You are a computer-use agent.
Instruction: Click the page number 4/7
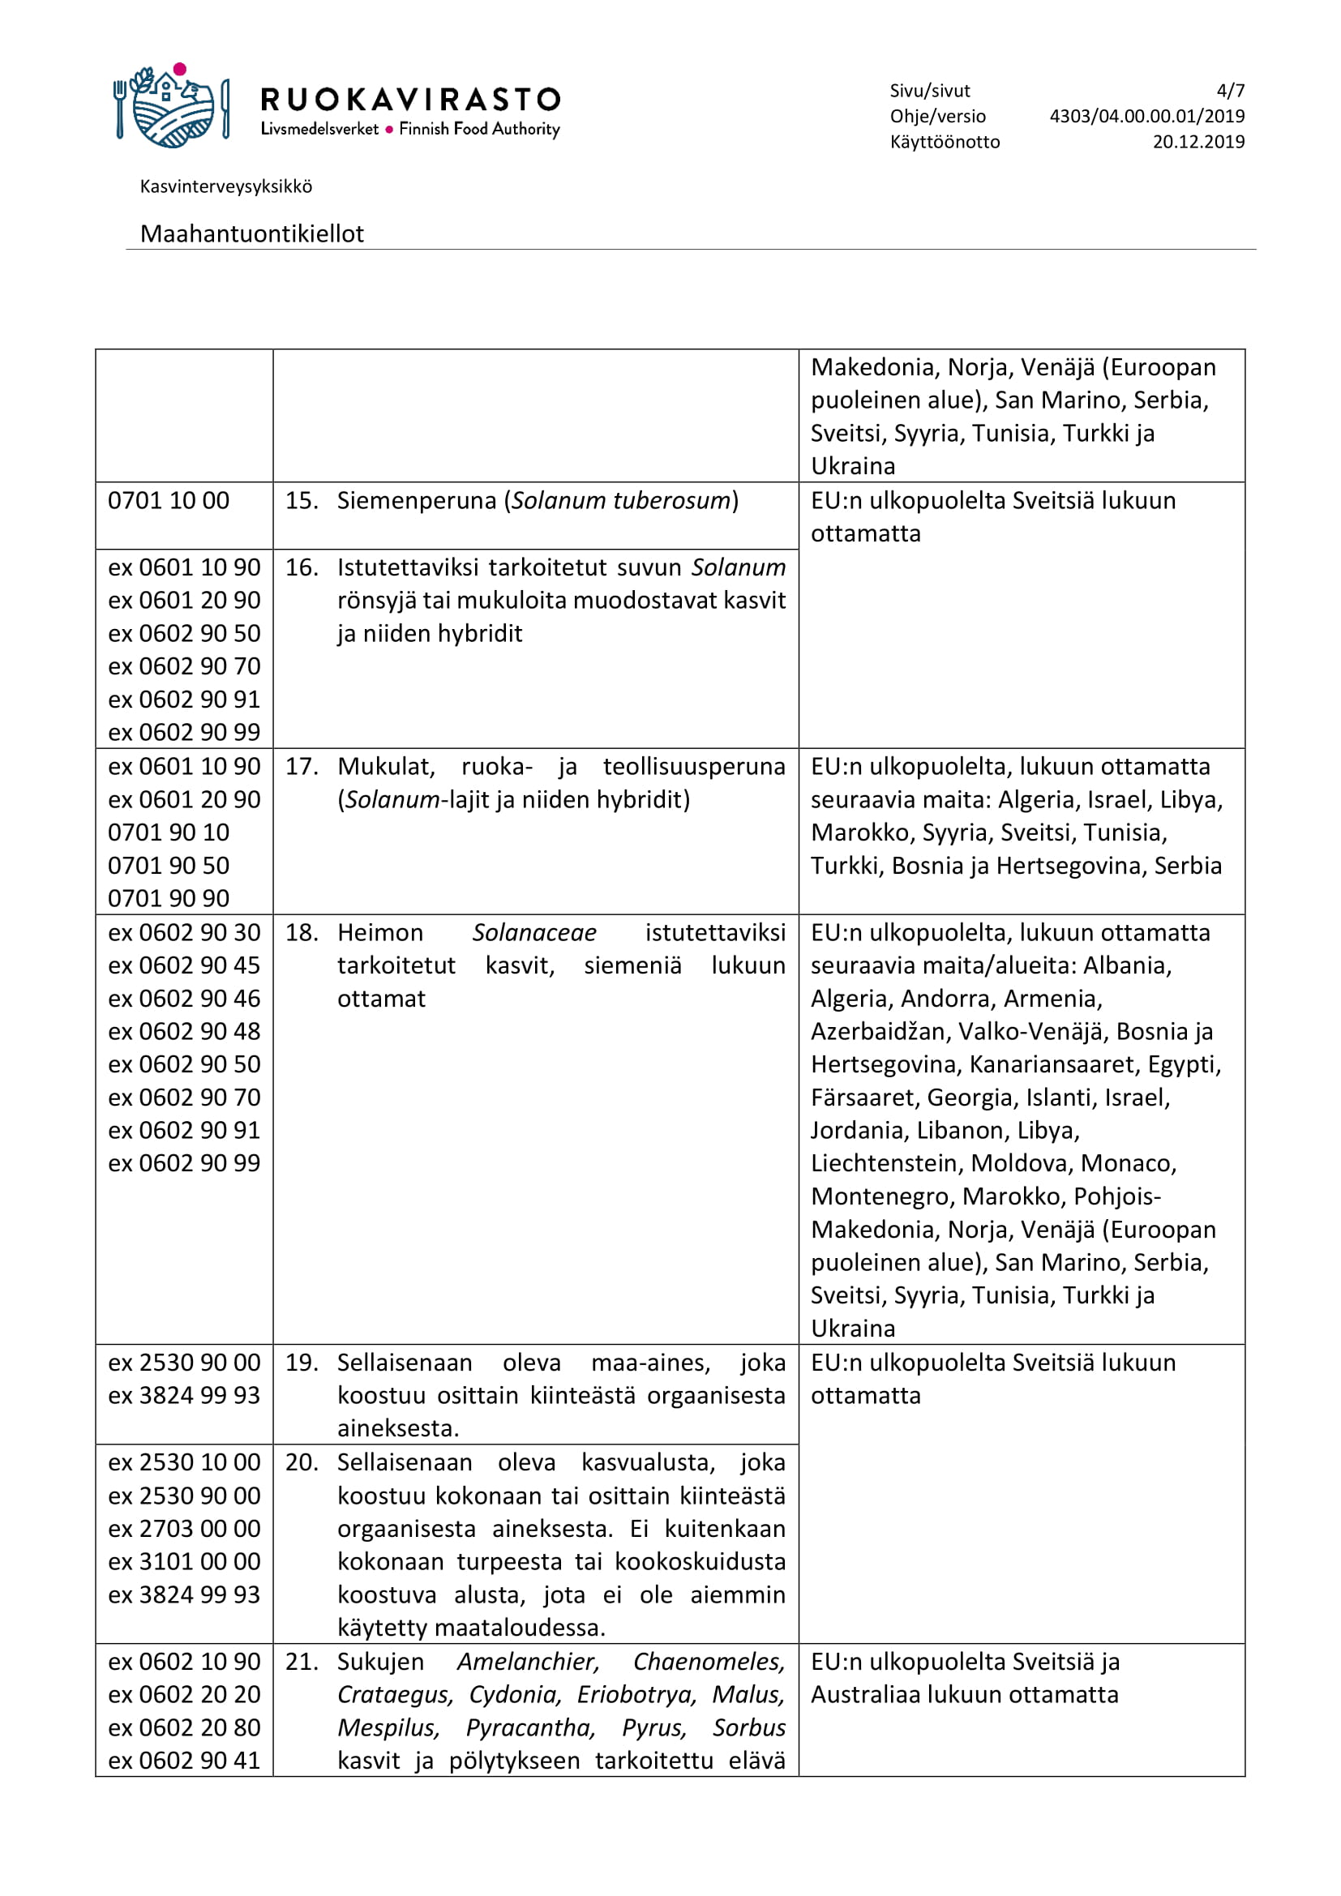coord(1230,91)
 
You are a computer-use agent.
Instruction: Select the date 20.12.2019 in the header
coord(1198,142)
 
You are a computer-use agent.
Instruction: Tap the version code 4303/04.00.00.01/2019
coord(1146,117)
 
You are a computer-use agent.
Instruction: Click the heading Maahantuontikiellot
coord(252,233)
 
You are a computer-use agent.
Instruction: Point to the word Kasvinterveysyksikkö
coord(226,186)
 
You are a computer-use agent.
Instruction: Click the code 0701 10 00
coord(169,500)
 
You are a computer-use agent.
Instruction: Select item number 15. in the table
coord(302,500)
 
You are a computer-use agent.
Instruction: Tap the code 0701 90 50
coord(169,866)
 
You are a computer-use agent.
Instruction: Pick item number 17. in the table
coord(302,766)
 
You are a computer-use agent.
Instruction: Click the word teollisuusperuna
coord(694,766)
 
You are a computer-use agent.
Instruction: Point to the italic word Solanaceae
coord(534,932)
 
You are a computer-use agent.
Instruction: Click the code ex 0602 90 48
coord(184,1031)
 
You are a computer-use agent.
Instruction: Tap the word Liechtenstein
coord(886,1163)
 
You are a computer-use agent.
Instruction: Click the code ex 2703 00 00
coord(184,1529)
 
